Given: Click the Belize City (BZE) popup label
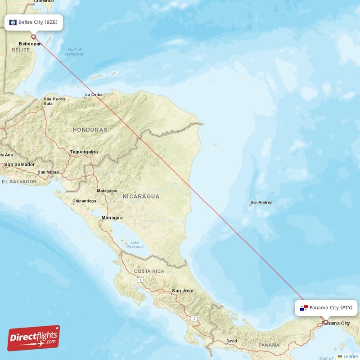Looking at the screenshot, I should click(x=34, y=22).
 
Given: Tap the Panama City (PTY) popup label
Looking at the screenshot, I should click(x=327, y=308).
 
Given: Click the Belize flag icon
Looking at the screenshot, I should click(x=13, y=22).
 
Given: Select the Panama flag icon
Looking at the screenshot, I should click(x=304, y=308).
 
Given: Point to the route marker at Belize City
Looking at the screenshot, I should click(x=33, y=37).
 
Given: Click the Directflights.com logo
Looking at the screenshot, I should click(x=34, y=338).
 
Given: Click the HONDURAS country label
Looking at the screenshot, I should click(x=90, y=130).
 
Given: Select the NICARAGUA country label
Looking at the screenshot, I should click(x=141, y=196).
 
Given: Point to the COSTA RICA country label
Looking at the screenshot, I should click(x=149, y=271).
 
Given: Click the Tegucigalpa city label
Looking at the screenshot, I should click(x=84, y=152).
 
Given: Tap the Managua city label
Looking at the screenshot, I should click(x=112, y=218).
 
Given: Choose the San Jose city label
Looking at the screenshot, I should click(x=182, y=291).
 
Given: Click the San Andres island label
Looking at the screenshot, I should click(x=261, y=202).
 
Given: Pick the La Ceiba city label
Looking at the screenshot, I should click(x=94, y=94).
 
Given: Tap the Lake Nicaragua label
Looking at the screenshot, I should click(x=135, y=244).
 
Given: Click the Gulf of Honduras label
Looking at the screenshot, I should click(x=74, y=52).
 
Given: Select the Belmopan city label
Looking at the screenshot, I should click(x=30, y=44).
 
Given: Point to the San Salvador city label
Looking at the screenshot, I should click(x=19, y=164).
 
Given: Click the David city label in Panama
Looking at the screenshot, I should click(x=231, y=341).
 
